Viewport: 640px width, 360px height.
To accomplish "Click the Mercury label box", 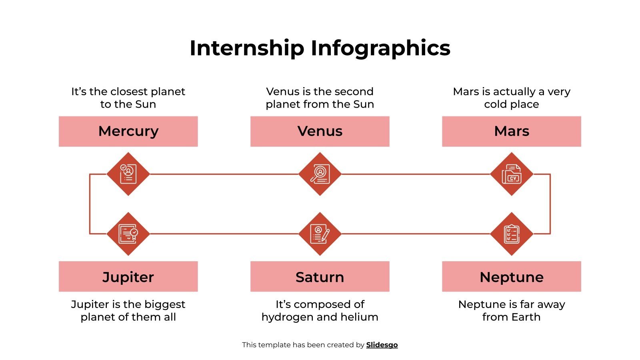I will click(128, 131).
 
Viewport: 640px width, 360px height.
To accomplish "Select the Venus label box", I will click(320, 131).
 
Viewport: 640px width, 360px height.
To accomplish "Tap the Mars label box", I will click(511, 131).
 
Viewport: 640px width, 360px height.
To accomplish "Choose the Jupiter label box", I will click(128, 276).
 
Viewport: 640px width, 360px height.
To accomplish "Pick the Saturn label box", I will click(320, 276).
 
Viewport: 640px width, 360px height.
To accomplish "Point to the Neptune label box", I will click(511, 276).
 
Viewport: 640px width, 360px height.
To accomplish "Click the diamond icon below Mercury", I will click(128, 174).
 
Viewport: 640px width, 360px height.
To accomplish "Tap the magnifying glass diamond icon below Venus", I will click(320, 174).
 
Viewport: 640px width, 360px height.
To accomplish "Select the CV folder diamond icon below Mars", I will click(511, 174).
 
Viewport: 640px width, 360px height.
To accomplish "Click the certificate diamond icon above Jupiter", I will click(128, 234).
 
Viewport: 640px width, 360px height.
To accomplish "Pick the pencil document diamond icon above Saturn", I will click(320, 234).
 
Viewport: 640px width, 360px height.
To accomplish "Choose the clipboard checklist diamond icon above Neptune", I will click(511, 234).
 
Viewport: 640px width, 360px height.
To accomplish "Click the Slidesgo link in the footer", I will click(382, 345).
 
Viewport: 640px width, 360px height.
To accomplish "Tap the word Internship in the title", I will click(247, 48).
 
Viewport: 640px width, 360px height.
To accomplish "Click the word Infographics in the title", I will click(380, 48).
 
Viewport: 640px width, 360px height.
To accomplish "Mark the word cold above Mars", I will click(495, 104).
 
